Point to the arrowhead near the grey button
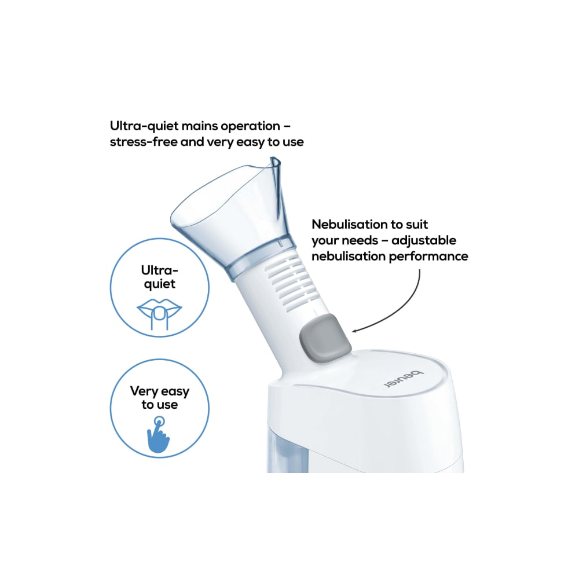coord(354,331)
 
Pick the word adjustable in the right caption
coord(424,240)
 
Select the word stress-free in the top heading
coord(144,142)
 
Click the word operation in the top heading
coord(250,127)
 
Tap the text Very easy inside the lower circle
coord(160,391)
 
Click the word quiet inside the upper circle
coord(160,284)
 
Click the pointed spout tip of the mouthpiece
coord(275,160)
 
